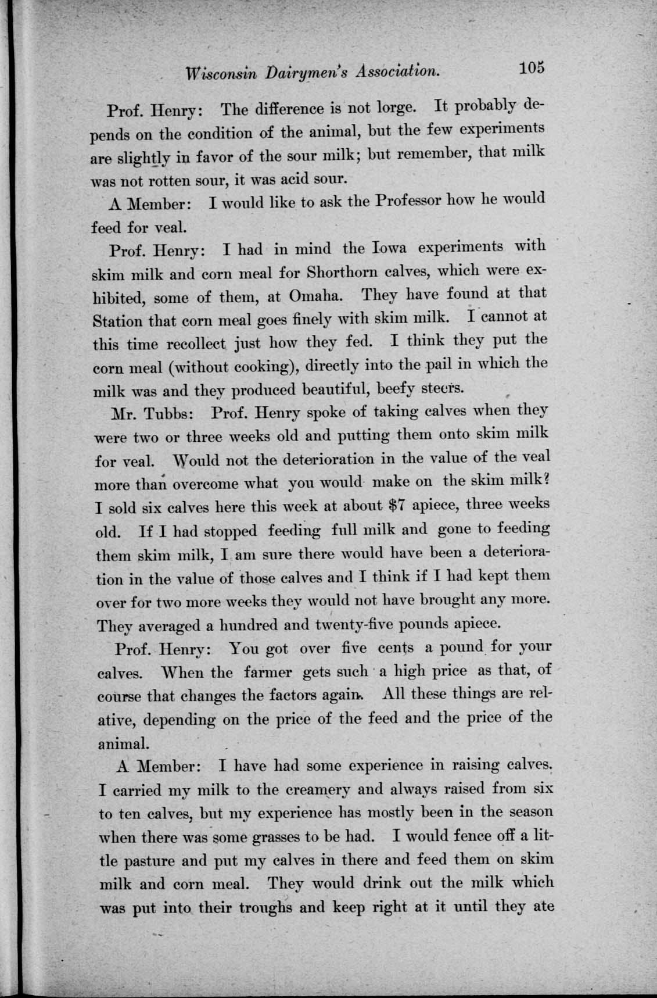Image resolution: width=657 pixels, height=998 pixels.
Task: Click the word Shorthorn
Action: pyautogui.click(x=344, y=272)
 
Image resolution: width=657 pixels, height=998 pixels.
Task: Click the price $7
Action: pyautogui.click(x=400, y=505)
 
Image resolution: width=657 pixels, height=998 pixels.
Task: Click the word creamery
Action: pyautogui.click(x=318, y=789)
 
